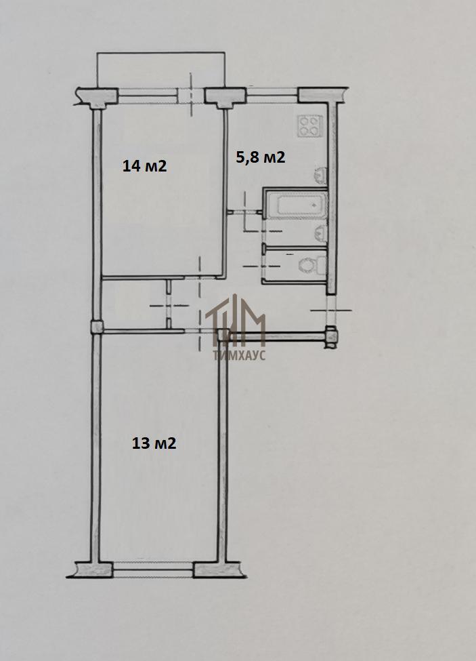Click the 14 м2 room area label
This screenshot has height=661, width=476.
tap(144, 165)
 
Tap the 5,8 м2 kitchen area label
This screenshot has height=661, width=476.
tap(261, 157)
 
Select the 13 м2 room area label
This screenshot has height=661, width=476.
tap(154, 443)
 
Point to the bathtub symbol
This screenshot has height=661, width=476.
tap(302, 205)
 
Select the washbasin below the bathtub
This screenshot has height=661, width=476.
tap(321, 233)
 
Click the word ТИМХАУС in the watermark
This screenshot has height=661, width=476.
tap(239, 356)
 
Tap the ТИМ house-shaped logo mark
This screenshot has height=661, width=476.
tap(235, 317)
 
